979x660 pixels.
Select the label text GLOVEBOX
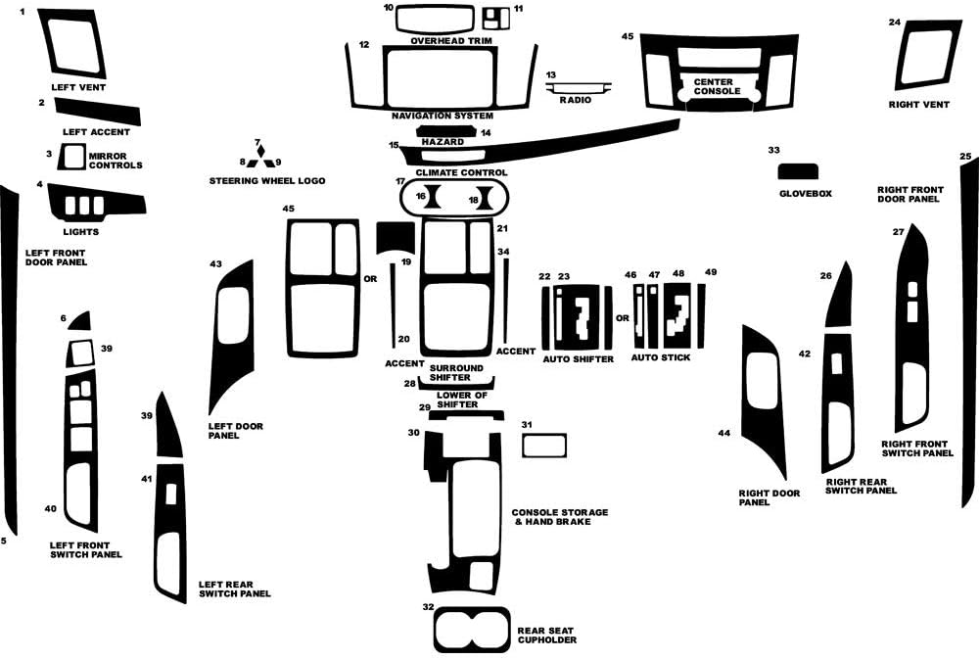point(805,194)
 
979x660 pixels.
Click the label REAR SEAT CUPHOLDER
point(546,636)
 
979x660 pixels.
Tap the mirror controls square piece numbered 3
point(72,156)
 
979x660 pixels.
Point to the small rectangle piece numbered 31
point(544,446)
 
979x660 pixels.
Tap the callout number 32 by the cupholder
point(428,607)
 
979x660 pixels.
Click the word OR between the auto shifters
point(622,317)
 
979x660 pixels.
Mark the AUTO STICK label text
point(660,358)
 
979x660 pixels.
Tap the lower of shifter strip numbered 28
point(456,383)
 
